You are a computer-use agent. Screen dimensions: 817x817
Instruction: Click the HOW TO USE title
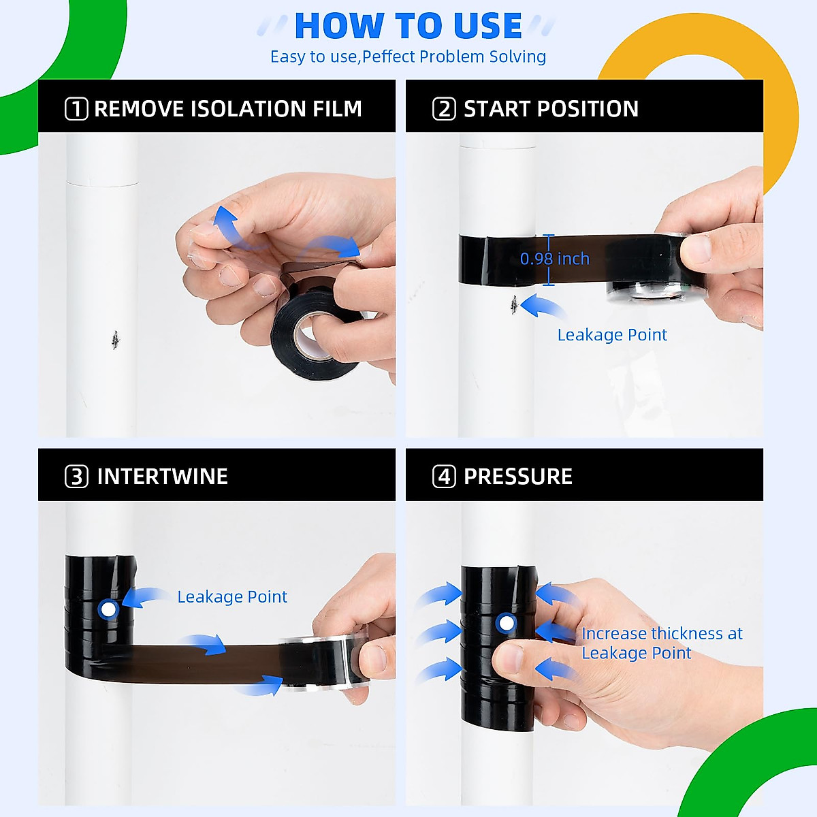click(408, 27)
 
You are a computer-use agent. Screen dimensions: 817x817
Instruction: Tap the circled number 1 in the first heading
click(76, 109)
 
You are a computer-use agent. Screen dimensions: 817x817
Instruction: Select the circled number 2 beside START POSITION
click(444, 109)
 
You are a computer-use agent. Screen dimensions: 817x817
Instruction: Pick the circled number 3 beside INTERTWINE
click(76, 477)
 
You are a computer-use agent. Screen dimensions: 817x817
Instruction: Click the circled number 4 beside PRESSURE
click(444, 477)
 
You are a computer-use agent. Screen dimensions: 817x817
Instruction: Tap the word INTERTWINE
click(162, 477)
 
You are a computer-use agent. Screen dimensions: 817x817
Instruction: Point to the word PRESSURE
click(517, 477)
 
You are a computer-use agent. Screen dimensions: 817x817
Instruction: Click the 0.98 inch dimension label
click(555, 259)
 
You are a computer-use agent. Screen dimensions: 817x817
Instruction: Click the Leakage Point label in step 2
click(612, 335)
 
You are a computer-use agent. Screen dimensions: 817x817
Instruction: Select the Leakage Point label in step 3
click(232, 597)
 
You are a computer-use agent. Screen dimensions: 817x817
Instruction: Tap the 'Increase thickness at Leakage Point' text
click(661, 643)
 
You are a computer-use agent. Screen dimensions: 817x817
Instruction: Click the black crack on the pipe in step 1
click(115, 338)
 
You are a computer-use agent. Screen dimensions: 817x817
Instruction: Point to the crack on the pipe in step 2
click(514, 304)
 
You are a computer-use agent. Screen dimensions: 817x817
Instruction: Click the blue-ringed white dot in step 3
click(108, 609)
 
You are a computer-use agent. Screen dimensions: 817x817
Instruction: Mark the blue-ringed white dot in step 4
click(506, 623)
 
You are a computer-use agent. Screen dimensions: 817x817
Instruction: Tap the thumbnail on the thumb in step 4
click(507, 659)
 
